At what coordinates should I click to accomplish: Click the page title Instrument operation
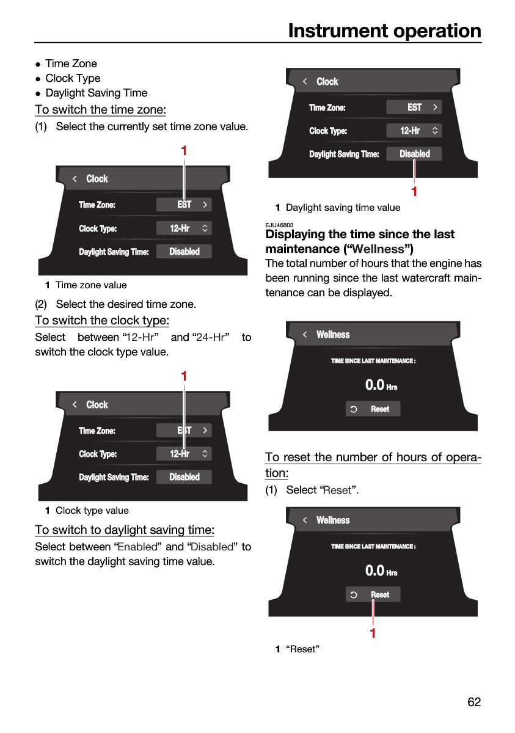[384, 31]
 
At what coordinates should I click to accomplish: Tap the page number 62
[474, 702]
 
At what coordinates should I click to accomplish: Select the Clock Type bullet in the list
[73, 78]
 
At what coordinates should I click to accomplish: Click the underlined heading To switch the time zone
[100, 109]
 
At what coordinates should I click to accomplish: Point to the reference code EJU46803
[279, 225]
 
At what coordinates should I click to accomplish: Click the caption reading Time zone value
[91, 285]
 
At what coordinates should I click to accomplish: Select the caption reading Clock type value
[92, 511]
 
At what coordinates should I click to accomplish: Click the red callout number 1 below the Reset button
[373, 633]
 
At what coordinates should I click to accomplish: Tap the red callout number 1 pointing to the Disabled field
[414, 191]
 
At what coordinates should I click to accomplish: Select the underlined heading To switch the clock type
[102, 320]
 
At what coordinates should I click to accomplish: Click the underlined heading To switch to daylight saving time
[125, 530]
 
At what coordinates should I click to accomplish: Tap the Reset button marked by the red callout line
[373, 594]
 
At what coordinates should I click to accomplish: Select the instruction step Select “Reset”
[312, 490]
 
